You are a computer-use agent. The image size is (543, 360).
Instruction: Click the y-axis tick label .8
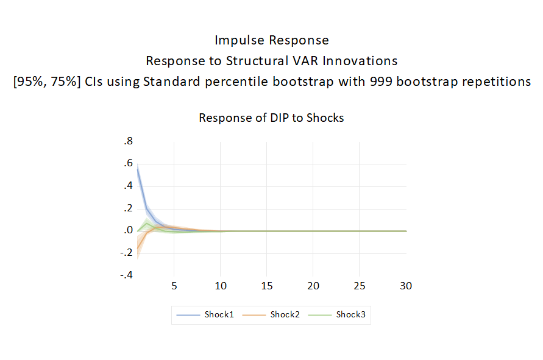point(129,141)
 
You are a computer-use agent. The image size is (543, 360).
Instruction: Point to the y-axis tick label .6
point(129,163)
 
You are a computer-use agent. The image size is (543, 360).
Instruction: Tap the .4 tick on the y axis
point(129,186)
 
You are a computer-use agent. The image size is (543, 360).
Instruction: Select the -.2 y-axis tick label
point(126,252)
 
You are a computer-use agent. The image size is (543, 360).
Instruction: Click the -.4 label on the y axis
point(126,275)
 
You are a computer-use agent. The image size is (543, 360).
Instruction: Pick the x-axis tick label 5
point(174,286)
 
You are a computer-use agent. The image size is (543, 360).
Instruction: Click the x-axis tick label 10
point(221,286)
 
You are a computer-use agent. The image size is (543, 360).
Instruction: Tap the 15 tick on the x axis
point(267,286)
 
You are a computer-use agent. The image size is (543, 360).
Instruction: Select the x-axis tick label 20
point(313,286)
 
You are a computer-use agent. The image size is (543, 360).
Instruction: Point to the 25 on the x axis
point(360,286)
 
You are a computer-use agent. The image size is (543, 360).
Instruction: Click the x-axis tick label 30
point(406,286)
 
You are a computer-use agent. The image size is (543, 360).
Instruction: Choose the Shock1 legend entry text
point(219,315)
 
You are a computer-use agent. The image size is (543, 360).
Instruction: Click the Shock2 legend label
point(285,315)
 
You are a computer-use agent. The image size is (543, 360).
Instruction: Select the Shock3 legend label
point(351,315)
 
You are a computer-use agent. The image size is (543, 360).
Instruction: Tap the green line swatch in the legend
point(319,315)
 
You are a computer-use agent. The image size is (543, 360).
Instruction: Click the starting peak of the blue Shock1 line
point(138,169)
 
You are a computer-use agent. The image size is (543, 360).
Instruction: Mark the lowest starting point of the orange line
point(138,248)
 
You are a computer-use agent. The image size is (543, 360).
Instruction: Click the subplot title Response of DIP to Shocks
point(271,118)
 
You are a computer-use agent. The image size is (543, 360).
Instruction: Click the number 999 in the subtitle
point(382,82)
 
